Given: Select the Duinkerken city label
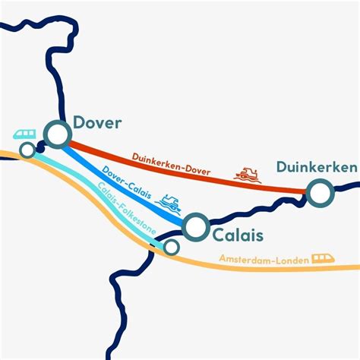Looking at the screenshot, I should click(316, 167).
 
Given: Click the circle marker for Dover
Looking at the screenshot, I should click(58, 134).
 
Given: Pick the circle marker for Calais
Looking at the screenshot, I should click(196, 226).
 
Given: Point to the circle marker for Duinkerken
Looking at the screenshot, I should click(320, 193).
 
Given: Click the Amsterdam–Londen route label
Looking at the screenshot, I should click(264, 260).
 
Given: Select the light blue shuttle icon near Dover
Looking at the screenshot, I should click(24, 134).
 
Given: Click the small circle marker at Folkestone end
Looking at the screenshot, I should click(27, 150).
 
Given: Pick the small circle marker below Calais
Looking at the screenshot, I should click(172, 247).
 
